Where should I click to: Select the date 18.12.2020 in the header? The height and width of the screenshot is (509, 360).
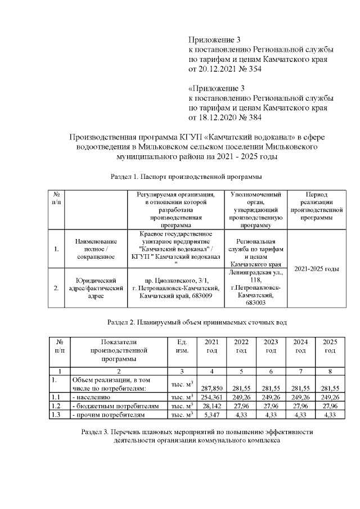216,118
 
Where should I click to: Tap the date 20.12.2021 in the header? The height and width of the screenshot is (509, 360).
216,69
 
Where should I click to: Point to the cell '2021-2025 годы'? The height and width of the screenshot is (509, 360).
317,269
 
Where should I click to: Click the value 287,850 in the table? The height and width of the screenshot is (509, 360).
211,388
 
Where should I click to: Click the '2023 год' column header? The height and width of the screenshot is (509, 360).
271,346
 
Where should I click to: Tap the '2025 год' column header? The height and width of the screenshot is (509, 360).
330,346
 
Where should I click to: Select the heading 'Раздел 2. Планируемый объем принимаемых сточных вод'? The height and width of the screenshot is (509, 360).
197,323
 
